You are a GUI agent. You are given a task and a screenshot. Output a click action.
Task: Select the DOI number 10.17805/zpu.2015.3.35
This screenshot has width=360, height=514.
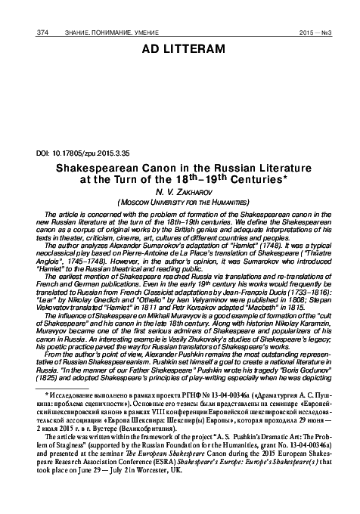(x=88, y=152)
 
